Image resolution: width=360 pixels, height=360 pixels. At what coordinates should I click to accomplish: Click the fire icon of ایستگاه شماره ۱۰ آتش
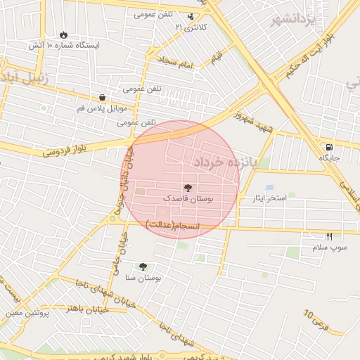tap(64, 34)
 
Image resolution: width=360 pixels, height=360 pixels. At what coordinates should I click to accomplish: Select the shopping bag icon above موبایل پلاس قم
tap(103, 98)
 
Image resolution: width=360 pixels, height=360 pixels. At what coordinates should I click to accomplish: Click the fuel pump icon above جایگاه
tap(329, 147)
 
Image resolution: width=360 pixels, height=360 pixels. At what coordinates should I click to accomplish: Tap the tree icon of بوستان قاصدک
tap(188, 188)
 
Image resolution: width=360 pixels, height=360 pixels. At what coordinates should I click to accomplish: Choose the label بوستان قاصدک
tap(188, 199)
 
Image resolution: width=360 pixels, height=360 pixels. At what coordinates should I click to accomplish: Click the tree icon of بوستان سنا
tap(143, 266)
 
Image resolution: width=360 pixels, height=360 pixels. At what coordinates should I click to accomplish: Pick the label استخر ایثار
tap(269, 198)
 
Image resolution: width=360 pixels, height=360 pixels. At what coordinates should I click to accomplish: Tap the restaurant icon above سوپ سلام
tap(329, 237)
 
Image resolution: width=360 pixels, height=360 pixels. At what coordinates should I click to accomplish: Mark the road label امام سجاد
tap(175, 64)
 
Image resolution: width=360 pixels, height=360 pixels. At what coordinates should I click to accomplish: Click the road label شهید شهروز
tap(253, 122)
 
